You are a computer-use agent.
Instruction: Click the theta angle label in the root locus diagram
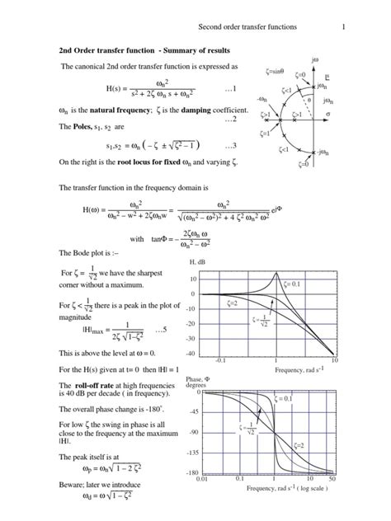[321, 101]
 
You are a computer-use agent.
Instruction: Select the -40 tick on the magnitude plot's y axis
[191, 353]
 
